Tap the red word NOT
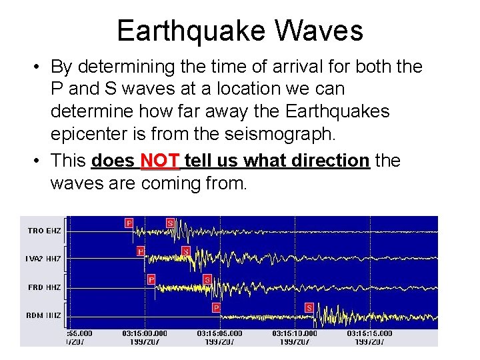tap(160, 161)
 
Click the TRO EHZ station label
tap(45, 231)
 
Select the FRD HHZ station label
tap(45, 287)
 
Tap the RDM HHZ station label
tap(45, 315)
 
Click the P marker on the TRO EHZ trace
tap(129, 223)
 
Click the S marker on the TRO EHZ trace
tap(170, 223)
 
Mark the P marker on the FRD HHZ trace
tap(151, 279)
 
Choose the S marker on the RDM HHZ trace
tap(309, 307)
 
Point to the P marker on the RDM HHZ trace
tap(216, 307)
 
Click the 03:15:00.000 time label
tap(145, 333)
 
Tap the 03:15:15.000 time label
tap(369, 333)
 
